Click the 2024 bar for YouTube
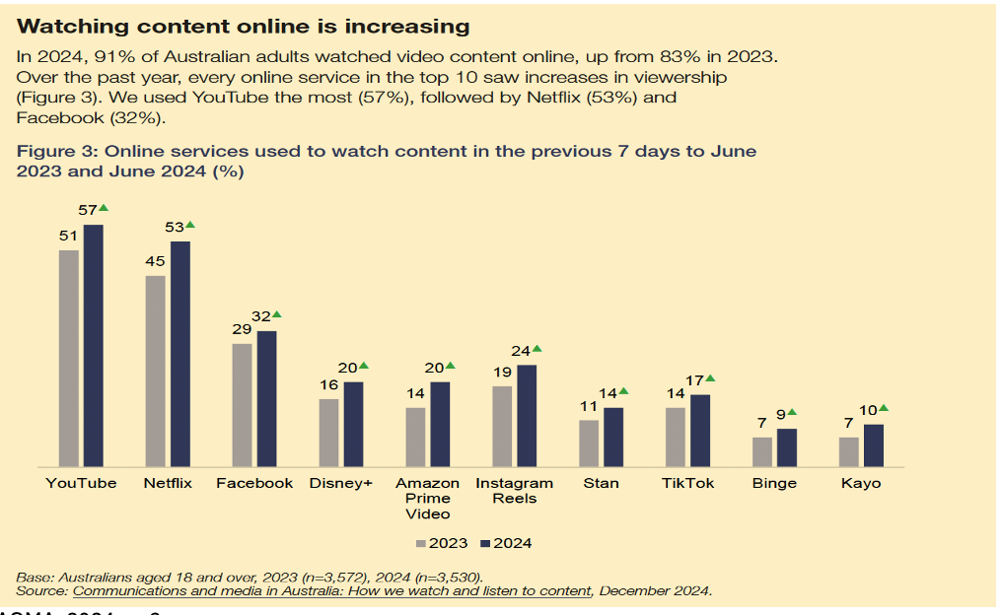click(x=94, y=345)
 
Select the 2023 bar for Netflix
click(x=156, y=371)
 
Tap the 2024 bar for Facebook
click(x=266, y=398)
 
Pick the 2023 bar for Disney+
click(x=329, y=432)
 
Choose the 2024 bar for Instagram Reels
click(x=528, y=415)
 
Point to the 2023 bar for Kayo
click(x=849, y=451)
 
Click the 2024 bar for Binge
click(x=787, y=446)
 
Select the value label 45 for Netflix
click(x=155, y=262)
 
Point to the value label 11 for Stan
click(x=589, y=407)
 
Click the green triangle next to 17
click(x=710, y=378)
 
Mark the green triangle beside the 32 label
click(x=277, y=314)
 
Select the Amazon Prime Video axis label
click(x=427, y=498)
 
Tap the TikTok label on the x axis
click(x=687, y=483)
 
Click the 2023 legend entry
click(x=442, y=543)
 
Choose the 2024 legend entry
click(x=506, y=543)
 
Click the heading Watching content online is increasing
click(x=244, y=25)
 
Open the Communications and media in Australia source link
click(x=332, y=590)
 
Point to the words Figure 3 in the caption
click(x=55, y=151)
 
